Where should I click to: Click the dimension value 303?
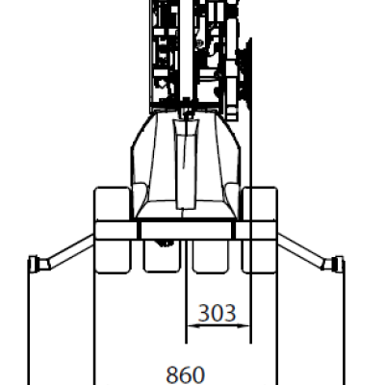coord(217,313)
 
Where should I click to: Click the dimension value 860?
coord(186,374)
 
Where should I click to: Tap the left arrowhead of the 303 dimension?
coord(193,326)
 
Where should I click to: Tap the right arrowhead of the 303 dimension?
coord(244,326)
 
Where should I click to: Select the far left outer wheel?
coord(113,230)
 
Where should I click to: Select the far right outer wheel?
coord(260,230)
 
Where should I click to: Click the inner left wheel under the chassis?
coord(162,256)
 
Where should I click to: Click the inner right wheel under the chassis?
coord(211,256)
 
